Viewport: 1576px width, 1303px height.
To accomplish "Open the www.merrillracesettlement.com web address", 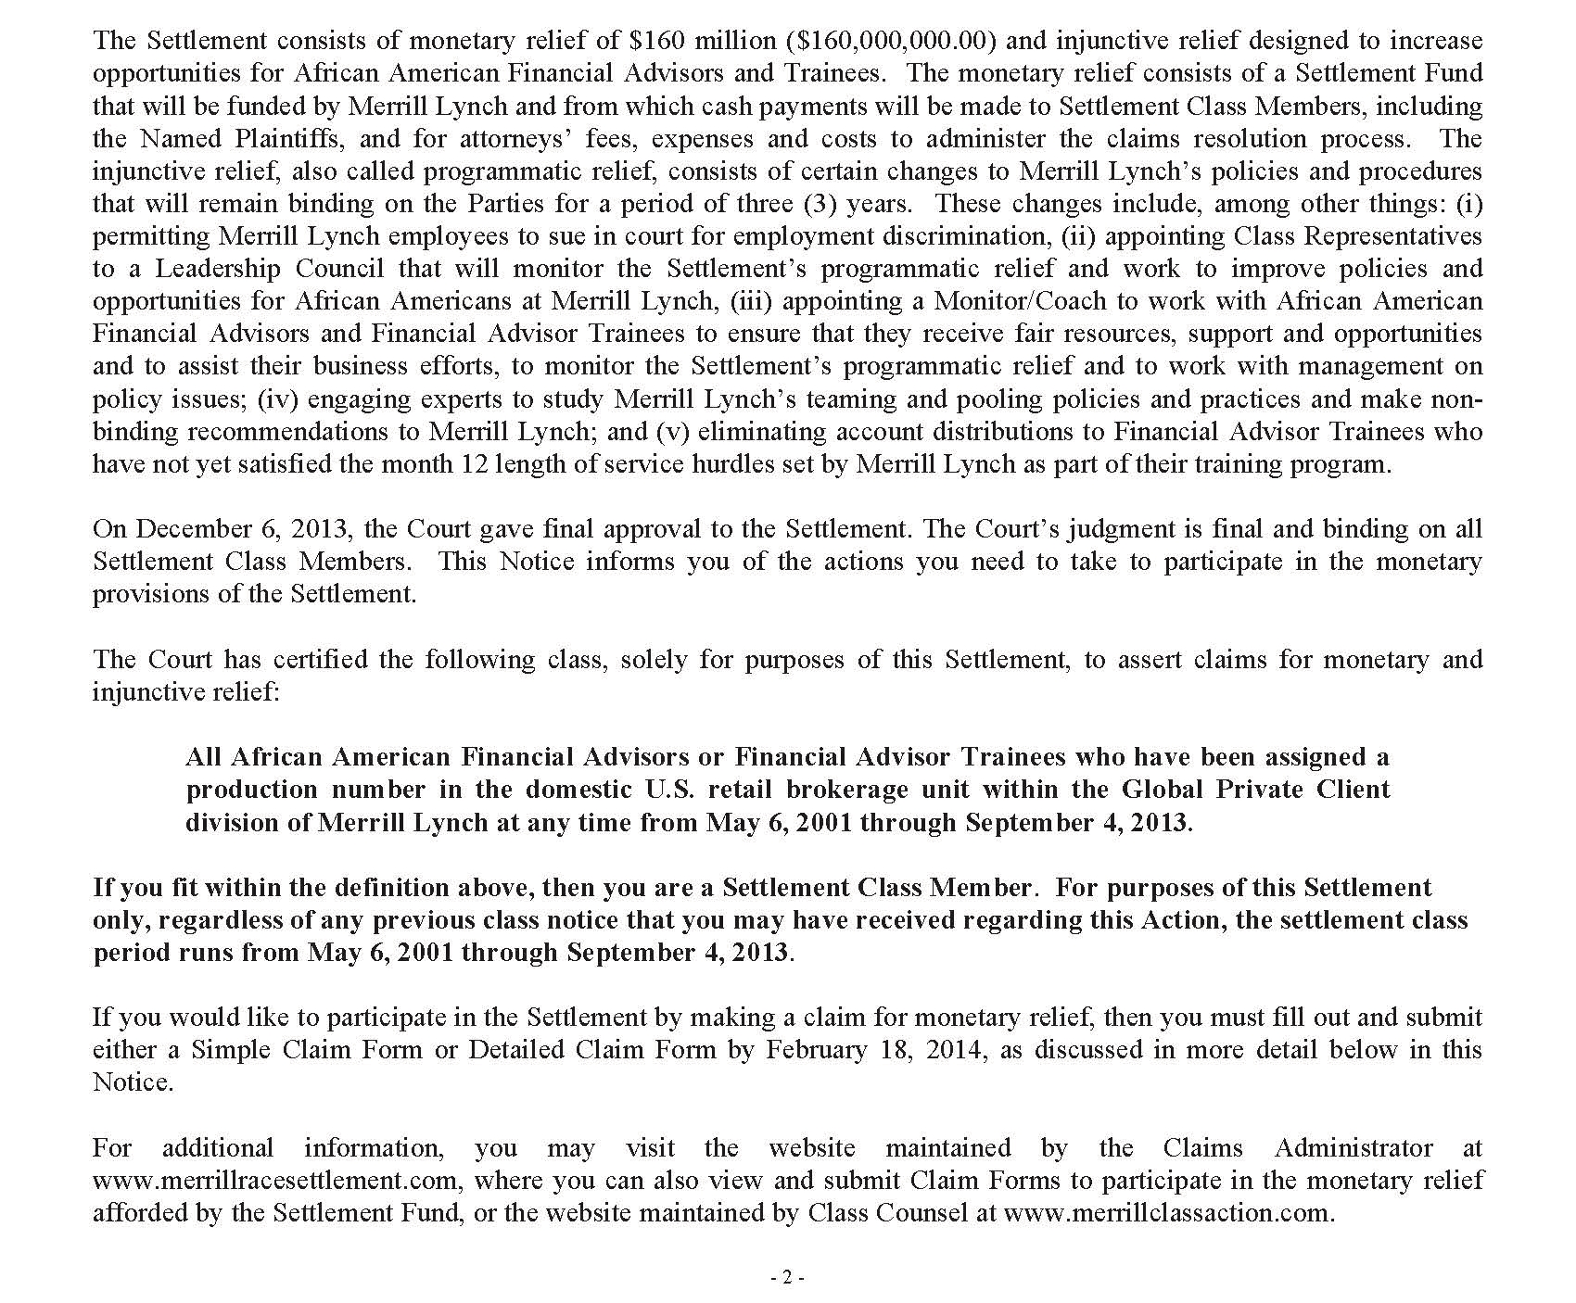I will (x=275, y=1181).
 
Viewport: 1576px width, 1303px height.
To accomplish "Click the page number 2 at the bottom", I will (x=787, y=1278).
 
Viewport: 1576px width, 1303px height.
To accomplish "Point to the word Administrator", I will (x=1354, y=1148).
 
